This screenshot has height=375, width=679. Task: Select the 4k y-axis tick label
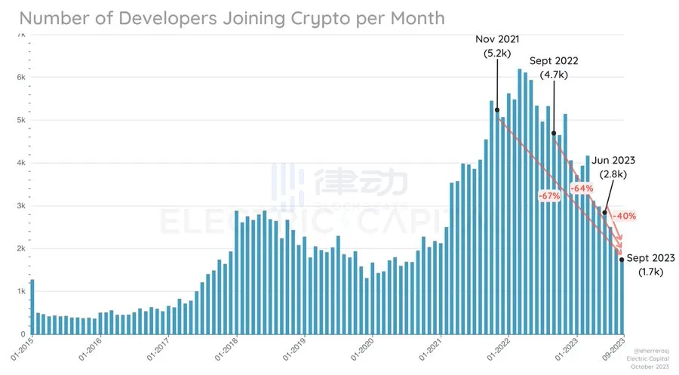coord(21,163)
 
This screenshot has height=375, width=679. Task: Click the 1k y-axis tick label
coord(21,291)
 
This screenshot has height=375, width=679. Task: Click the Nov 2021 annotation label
coord(497,39)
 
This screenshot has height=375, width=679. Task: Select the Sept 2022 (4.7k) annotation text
coord(554,69)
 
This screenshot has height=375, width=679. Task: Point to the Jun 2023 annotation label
coord(613,160)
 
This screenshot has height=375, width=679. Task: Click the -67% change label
coord(549,196)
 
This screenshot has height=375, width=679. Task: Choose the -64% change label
coord(582,188)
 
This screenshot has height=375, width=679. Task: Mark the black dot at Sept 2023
coord(622,260)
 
